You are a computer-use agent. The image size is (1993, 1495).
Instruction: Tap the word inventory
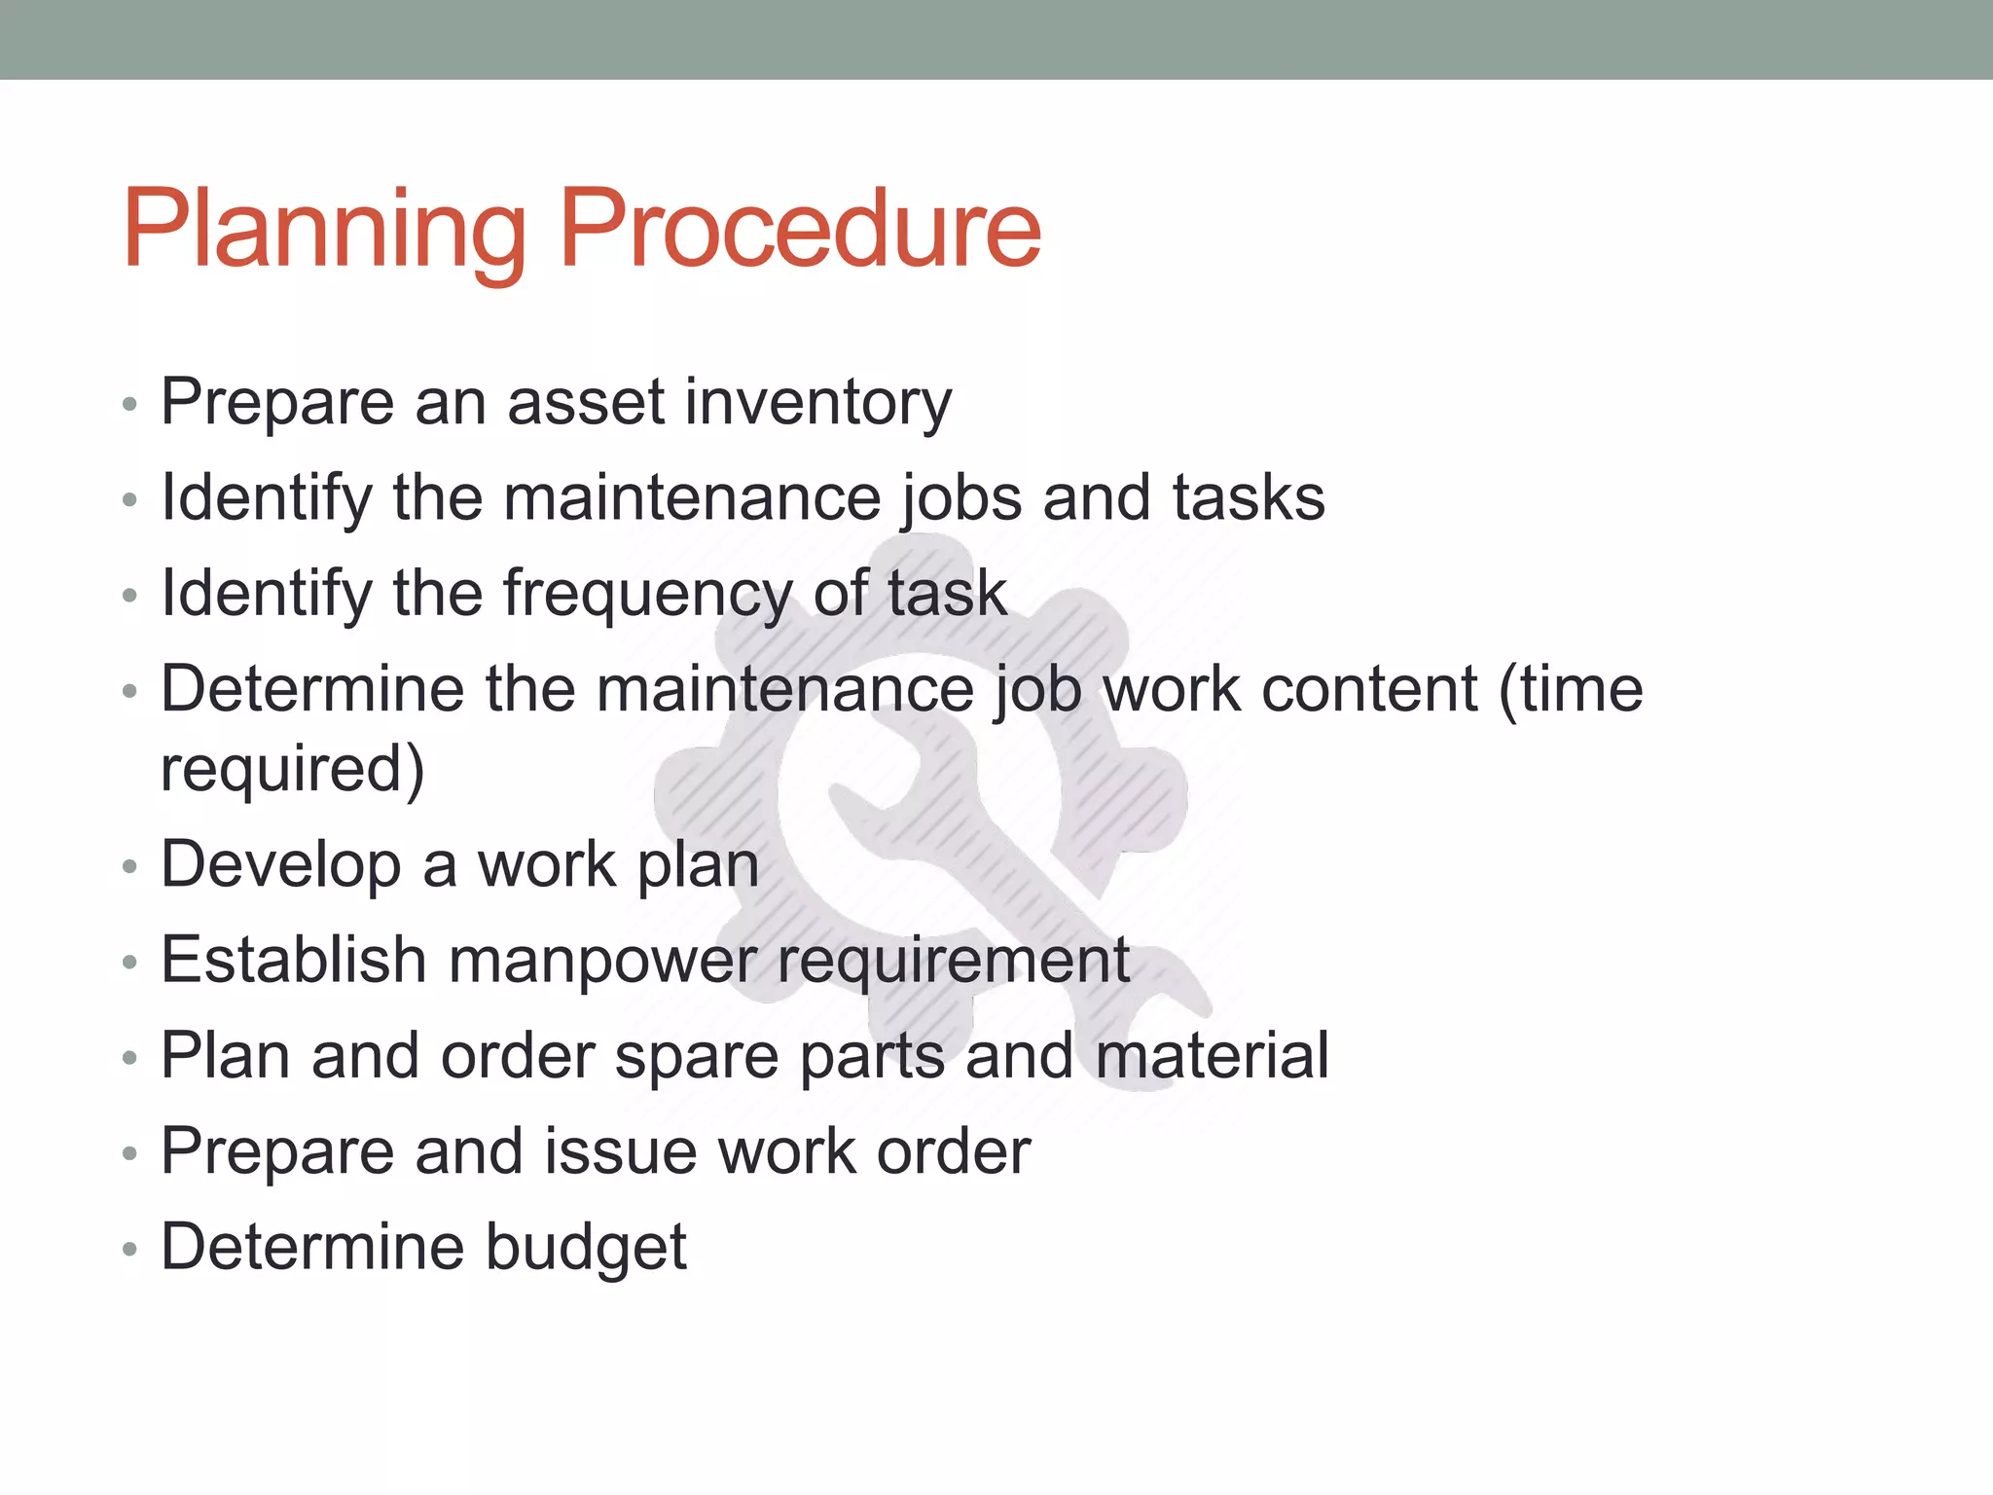817,402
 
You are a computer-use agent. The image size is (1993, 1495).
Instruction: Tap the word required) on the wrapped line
293,769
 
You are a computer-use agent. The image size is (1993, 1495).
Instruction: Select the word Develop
280,864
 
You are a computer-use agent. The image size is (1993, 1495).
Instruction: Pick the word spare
697,1056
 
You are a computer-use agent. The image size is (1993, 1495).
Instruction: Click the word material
1212,1056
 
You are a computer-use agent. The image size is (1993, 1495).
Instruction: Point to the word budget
586,1247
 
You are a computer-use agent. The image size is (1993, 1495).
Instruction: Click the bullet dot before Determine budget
129,1249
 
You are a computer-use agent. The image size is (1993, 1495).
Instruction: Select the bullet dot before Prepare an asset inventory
129,404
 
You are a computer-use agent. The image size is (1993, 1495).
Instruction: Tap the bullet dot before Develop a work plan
129,866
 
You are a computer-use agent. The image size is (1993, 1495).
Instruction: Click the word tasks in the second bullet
1248,498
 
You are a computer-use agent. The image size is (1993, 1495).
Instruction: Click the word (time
1571,689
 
